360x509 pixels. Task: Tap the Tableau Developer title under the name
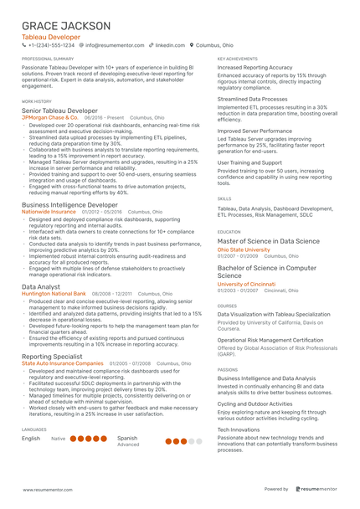pyautogui.click(x=52, y=38)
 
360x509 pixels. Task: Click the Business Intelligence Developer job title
pyautogui.click(x=69, y=204)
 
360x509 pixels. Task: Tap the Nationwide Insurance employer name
pyautogui.click(x=49, y=213)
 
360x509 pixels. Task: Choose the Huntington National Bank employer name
pyautogui.click(x=54, y=294)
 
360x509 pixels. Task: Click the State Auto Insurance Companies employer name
pyautogui.click(x=63, y=363)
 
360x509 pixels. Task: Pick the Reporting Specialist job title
pyautogui.click(x=52, y=356)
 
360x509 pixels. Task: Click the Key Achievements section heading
pyautogui.click(x=237, y=59)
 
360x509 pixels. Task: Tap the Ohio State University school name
pyautogui.click(x=244, y=249)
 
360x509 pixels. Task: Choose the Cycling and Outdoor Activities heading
pyautogui.click(x=255, y=404)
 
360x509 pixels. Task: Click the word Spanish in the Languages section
pyautogui.click(x=127, y=438)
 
